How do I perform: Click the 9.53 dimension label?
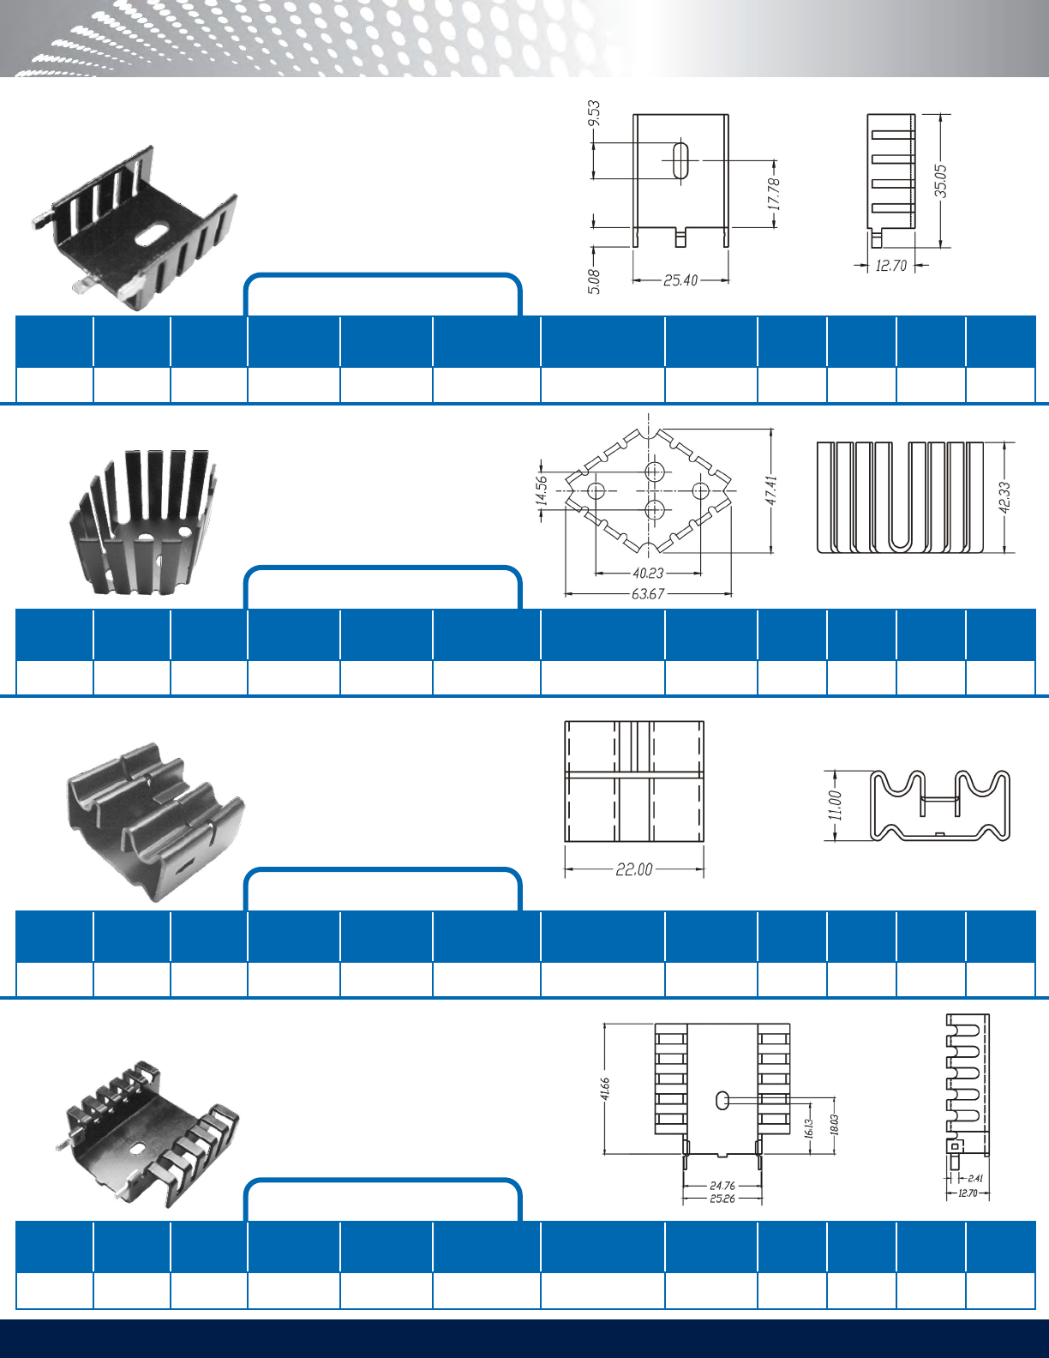point(594,113)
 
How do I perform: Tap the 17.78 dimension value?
point(774,194)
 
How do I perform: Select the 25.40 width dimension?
point(680,280)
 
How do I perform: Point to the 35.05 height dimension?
point(940,181)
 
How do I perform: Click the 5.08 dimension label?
point(594,281)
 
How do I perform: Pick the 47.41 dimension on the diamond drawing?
point(771,490)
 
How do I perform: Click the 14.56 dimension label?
point(542,490)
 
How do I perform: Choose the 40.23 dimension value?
point(648,573)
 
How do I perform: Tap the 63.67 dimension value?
point(648,593)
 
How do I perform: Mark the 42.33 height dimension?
point(1004,497)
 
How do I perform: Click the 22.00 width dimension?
point(634,869)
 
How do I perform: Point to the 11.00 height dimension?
point(836,806)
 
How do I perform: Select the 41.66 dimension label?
point(605,1091)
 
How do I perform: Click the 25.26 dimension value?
point(722,1199)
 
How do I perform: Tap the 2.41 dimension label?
point(975,1178)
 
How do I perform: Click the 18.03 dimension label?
point(834,1124)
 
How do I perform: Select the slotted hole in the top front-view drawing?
point(680,160)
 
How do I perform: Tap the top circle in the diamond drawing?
point(654,470)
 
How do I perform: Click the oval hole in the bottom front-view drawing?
point(722,1101)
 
